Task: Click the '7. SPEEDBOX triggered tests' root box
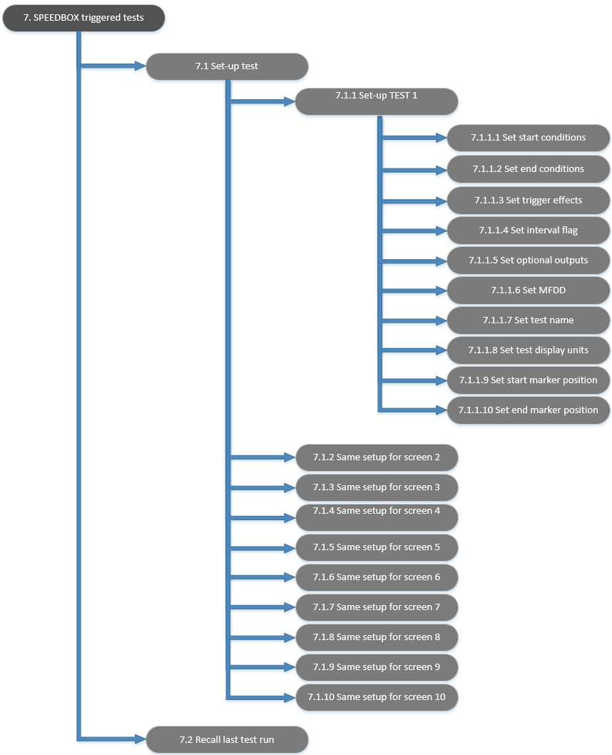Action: click(84, 18)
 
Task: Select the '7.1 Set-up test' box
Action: click(227, 66)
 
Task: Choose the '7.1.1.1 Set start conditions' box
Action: click(528, 138)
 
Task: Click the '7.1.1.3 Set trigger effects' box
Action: click(528, 201)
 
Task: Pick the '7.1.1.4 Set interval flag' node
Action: click(528, 230)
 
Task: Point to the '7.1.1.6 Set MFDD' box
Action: click(528, 290)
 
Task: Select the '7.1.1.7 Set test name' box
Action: click(528, 320)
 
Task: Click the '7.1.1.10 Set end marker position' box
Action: click(528, 410)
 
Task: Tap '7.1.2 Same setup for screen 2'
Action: click(377, 457)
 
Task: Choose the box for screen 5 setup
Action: click(377, 547)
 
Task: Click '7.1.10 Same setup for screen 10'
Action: click(377, 697)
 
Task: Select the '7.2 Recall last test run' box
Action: click(227, 740)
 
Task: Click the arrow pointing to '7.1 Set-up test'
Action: click(114, 67)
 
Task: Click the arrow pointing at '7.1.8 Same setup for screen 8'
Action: click(264, 637)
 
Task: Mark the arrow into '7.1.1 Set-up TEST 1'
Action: click(264, 102)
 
